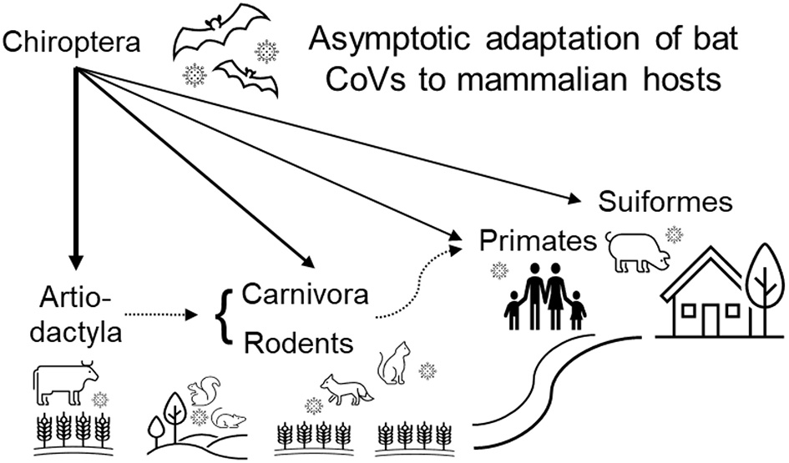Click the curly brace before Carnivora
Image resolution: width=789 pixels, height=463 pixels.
(224, 317)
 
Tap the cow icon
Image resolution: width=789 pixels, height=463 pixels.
(65, 382)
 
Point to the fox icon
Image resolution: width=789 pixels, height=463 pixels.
(344, 387)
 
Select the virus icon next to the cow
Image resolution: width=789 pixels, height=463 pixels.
(101, 399)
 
